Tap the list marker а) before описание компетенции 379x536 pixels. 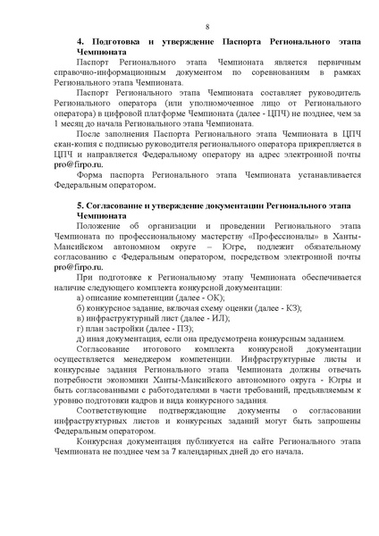(80, 297)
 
